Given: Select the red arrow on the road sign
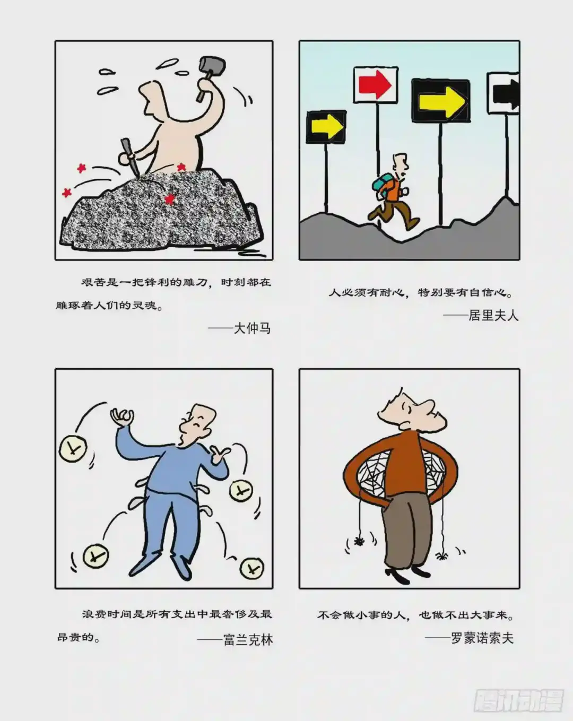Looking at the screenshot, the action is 375,85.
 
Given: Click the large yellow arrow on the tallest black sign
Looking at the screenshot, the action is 442,101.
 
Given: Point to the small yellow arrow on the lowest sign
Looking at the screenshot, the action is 327,127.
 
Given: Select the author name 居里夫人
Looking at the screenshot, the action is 493,315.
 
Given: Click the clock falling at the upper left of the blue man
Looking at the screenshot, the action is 73,448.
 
